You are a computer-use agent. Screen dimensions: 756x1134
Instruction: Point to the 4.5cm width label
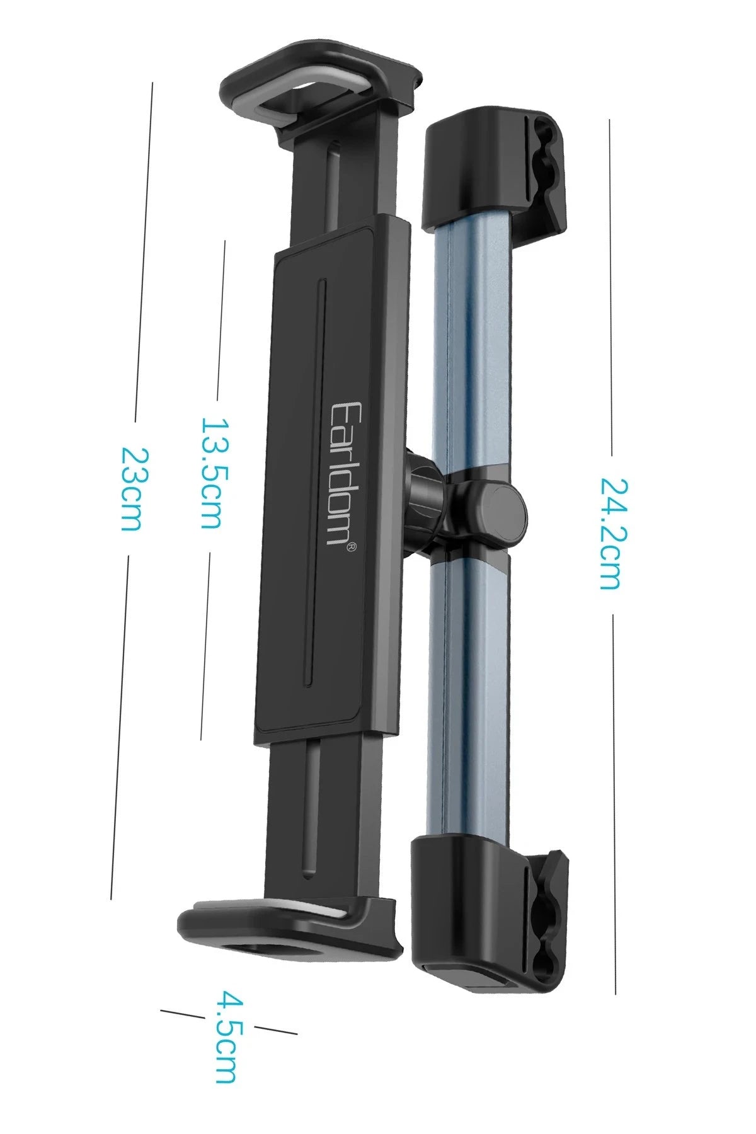coord(224,1028)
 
